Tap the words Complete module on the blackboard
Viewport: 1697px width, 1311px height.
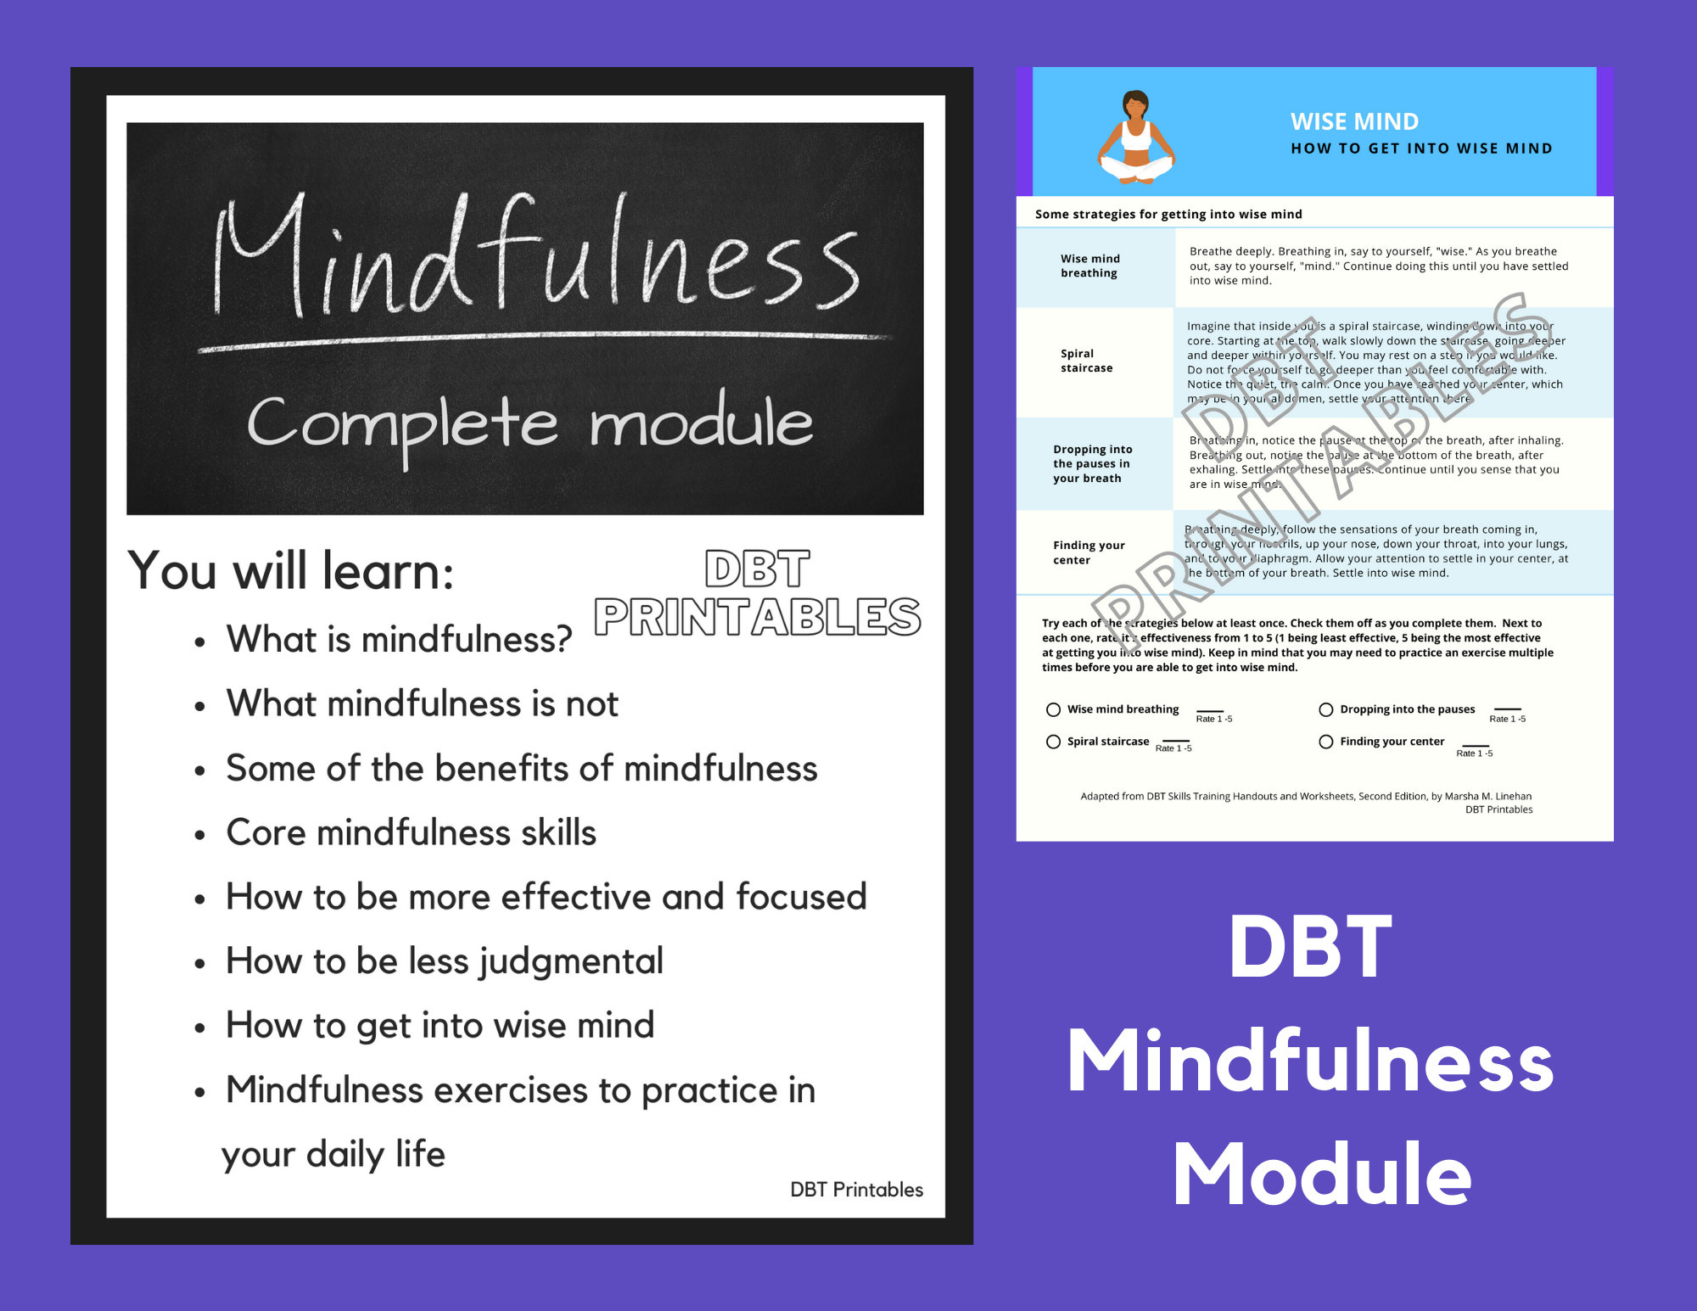[530, 423]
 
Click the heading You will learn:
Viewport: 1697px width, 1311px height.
[291, 570]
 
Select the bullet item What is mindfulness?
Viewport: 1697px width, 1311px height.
[399, 639]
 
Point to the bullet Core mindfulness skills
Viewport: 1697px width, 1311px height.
[411, 832]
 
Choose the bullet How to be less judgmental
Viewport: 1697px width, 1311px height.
[444, 961]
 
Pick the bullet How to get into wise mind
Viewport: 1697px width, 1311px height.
[440, 1025]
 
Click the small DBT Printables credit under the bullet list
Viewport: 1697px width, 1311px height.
[856, 1190]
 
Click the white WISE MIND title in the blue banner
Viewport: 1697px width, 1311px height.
[1354, 121]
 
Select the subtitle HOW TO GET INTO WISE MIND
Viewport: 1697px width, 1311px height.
[1421, 148]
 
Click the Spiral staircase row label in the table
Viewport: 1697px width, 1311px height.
[1086, 361]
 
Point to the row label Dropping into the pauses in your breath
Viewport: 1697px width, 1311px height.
[1092, 463]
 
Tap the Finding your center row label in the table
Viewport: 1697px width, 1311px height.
[1089, 552]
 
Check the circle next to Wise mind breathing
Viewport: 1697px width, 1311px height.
[1053, 709]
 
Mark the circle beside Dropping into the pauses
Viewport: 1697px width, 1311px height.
[1325, 709]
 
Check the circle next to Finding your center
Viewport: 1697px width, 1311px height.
[1325, 742]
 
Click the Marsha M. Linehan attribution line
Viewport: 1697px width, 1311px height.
[1306, 796]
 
